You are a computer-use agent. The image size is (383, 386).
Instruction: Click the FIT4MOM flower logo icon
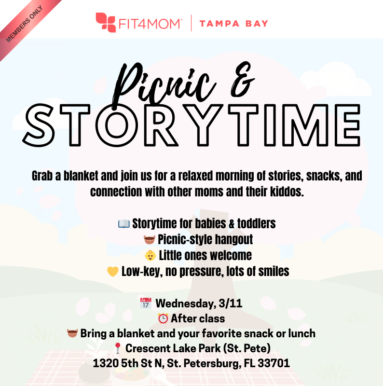pyautogui.click(x=105, y=23)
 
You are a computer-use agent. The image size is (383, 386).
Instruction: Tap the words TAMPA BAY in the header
pyautogui.click(x=233, y=24)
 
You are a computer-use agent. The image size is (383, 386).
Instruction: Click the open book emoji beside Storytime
pyautogui.click(x=124, y=224)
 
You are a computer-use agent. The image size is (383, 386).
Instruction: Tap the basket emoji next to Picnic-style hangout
pyautogui.click(x=149, y=239)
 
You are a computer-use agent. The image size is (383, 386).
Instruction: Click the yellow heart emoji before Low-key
pyautogui.click(x=113, y=271)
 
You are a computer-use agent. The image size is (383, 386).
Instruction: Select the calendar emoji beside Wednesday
pyautogui.click(x=145, y=303)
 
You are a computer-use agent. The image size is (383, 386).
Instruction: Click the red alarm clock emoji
pyautogui.click(x=163, y=318)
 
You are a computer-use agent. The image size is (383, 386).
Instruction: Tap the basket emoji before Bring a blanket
pyautogui.click(x=72, y=333)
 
